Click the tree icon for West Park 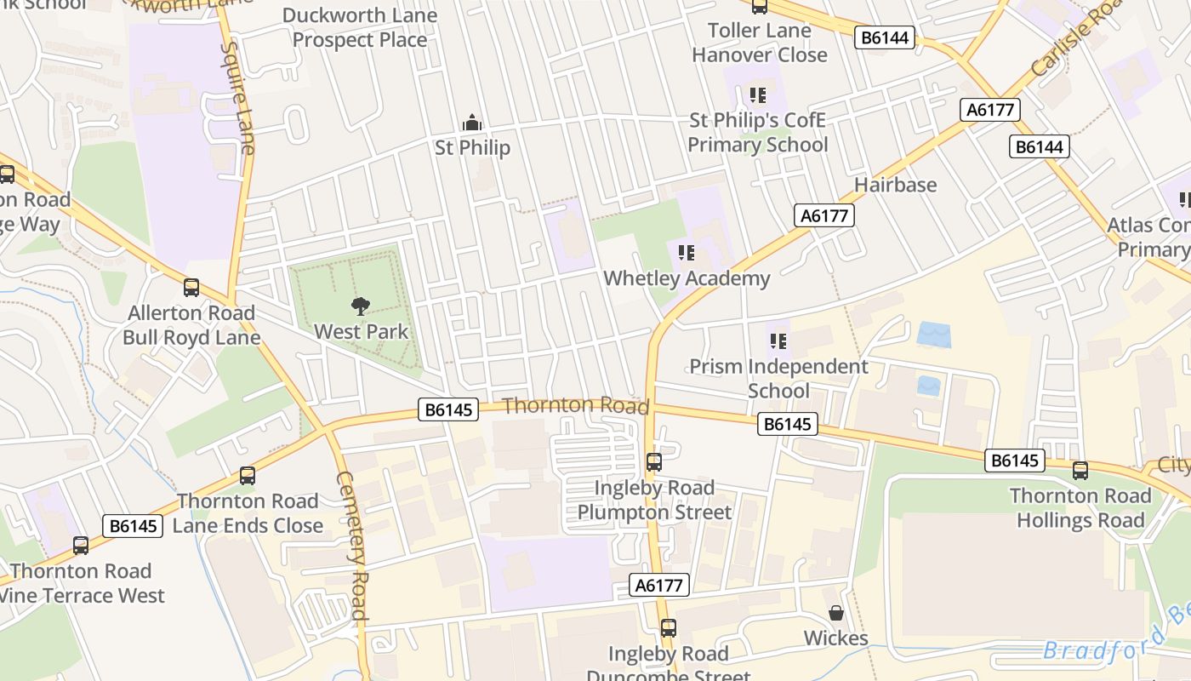click(361, 306)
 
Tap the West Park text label click(362, 331)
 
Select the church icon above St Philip click(472, 123)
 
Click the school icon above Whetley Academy click(687, 252)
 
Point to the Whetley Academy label click(687, 278)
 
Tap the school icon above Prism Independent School click(778, 341)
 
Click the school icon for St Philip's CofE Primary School click(757, 94)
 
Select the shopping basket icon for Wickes click(836, 613)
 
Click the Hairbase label click(895, 185)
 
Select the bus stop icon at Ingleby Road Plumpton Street click(654, 462)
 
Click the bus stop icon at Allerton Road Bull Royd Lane click(191, 288)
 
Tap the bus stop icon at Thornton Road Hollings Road click(1080, 470)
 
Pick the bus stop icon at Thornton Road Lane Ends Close click(248, 476)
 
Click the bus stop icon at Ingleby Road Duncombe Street click(669, 628)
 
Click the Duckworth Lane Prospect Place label click(360, 27)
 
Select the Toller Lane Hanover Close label click(759, 43)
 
